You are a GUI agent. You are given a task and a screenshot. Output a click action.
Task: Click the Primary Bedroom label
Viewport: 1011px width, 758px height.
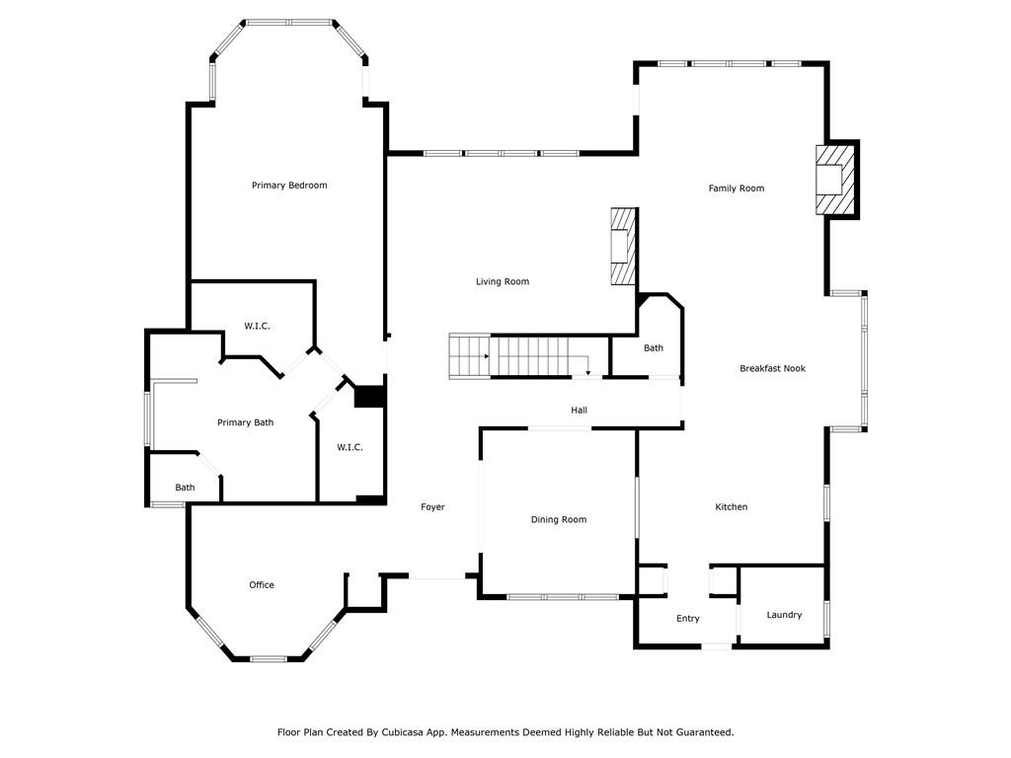tap(289, 186)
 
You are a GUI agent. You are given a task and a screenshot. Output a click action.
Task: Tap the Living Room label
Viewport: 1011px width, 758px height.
tap(503, 282)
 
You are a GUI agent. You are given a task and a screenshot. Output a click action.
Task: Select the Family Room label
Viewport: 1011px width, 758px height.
tap(737, 189)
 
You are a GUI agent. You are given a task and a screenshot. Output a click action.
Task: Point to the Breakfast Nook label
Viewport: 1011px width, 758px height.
tap(773, 369)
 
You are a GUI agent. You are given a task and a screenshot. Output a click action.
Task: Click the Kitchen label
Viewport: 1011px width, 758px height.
tap(732, 507)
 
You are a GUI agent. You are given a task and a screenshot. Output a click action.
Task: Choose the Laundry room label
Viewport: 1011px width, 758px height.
tap(785, 615)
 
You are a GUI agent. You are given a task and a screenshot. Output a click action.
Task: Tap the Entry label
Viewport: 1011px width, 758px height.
tap(688, 619)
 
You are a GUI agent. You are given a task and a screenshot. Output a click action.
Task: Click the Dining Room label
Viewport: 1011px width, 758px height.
tap(559, 520)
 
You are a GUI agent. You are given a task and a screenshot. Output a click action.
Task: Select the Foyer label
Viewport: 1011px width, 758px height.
tap(432, 507)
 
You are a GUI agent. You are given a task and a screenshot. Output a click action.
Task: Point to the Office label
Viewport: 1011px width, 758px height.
tap(262, 585)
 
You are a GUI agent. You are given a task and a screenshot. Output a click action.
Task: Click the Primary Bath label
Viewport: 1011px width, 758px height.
tap(246, 423)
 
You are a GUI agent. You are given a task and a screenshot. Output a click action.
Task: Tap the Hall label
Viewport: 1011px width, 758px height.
tap(580, 411)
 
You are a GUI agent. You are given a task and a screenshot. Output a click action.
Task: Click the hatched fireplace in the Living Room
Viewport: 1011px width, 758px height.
tap(623, 247)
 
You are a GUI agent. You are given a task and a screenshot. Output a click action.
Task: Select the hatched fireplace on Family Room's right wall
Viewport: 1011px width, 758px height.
tap(835, 179)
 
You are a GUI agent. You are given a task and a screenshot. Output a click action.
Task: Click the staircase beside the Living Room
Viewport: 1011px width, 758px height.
tap(518, 356)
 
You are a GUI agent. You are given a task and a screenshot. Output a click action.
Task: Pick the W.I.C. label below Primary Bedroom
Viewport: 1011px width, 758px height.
tap(258, 327)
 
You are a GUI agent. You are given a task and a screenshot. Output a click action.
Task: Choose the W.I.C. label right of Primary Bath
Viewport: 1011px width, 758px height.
tap(350, 448)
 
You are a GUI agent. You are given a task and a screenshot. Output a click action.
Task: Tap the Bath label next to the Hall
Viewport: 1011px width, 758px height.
tap(654, 348)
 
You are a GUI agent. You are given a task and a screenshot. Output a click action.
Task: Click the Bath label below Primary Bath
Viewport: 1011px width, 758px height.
tap(186, 488)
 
